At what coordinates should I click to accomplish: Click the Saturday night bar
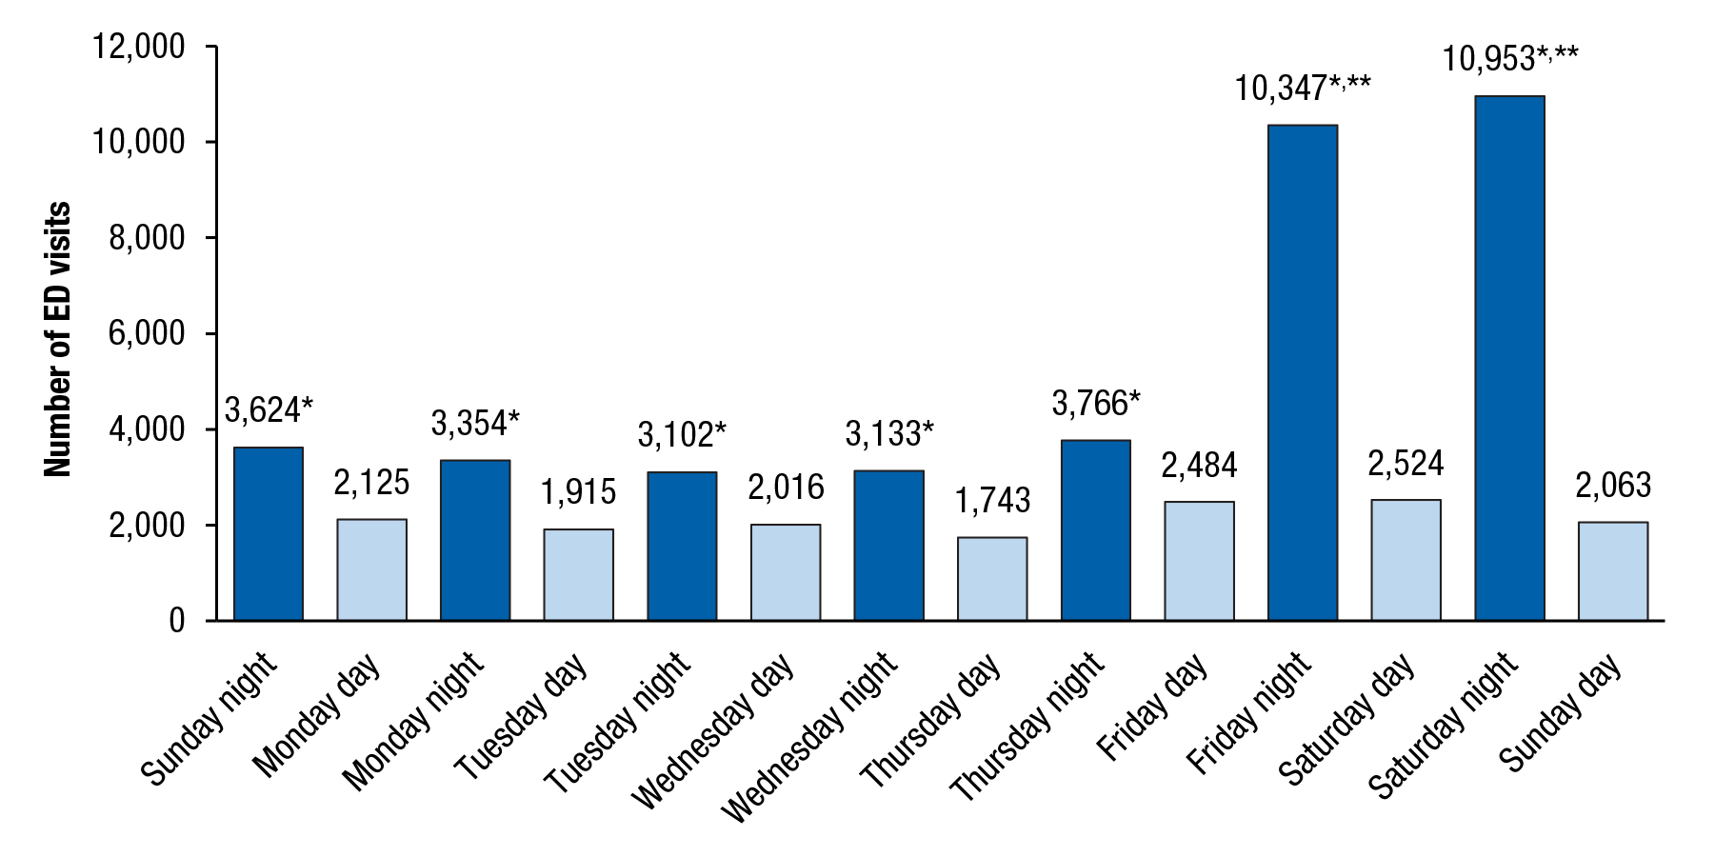point(1509,358)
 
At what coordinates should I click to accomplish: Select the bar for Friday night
point(1303,372)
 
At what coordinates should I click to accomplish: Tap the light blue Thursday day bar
point(992,579)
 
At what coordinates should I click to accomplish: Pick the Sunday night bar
point(269,534)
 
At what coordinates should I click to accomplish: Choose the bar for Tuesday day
point(578,575)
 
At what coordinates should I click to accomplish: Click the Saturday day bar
point(1406,560)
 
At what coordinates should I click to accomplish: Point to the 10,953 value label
point(1509,59)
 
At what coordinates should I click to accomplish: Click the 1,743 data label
point(992,500)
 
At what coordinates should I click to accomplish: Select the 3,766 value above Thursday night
point(1095,404)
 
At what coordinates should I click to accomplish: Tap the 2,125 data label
point(371,483)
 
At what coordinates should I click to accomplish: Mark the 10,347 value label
point(1303,89)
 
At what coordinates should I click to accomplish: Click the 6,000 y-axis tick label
point(147,333)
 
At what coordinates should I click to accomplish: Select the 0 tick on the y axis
point(177,621)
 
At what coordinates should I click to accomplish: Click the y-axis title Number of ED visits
point(58,339)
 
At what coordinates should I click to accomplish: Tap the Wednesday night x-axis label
point(809,737)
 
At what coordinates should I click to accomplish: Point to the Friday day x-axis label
point(1153,707)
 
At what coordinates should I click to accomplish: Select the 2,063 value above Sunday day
point(1613,486)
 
